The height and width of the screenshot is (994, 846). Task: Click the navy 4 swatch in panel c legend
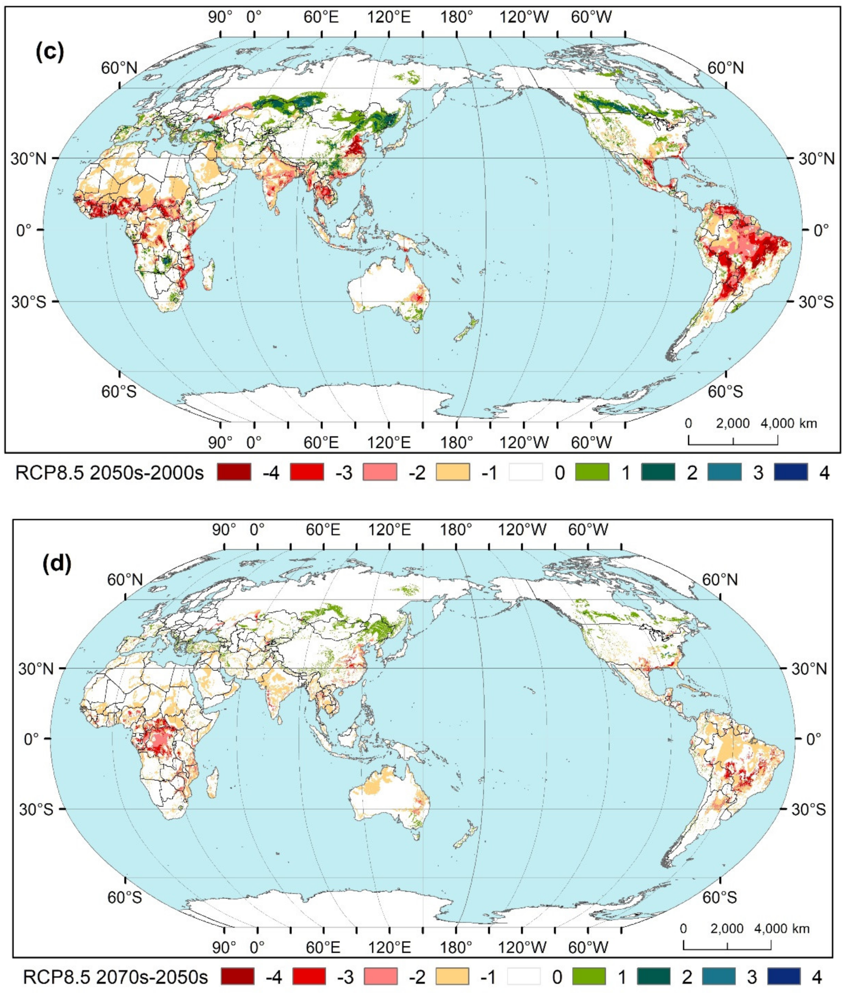790,472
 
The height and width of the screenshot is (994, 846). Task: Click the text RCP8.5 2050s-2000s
109,473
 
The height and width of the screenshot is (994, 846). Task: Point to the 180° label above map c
456,17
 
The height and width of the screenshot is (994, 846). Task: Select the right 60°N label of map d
719,580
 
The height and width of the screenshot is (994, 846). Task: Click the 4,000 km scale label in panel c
788,423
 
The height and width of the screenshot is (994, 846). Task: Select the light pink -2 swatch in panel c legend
380,472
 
